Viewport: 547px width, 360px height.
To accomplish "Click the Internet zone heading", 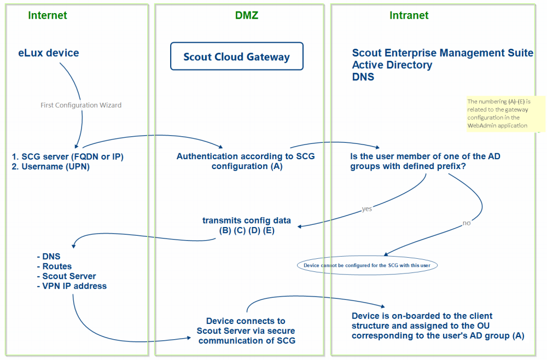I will [x=48, y=15].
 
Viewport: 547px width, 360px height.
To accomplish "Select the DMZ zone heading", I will [x=242, y=15].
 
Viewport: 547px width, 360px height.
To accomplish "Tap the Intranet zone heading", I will [x=409, y=15].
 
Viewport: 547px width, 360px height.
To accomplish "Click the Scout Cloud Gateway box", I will [x=236, y=57].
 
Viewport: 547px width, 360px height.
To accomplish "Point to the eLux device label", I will [x=49, y=53].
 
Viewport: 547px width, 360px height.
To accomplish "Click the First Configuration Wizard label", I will [x=81, y=105].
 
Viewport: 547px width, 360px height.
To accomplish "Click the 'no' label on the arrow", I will [x=466, y=223].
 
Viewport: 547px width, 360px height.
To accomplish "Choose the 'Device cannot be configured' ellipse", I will [x=367, y=265].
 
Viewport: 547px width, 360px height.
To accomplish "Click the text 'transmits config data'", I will [x=246, y=220].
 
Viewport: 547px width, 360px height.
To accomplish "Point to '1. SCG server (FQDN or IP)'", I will [x=67, y=157].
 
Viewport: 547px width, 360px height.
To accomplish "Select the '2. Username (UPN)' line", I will [x=50, y=167].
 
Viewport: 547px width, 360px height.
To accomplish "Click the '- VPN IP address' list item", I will [x=71, y=286].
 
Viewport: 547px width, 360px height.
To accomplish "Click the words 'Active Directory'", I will [x=392, y=65].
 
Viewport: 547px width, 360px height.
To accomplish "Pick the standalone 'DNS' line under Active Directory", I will [x=363, y=77].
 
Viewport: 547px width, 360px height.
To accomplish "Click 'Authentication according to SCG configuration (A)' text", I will [x=245, y=161].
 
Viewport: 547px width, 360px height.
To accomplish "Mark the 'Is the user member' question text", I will [x=425, y=161].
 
